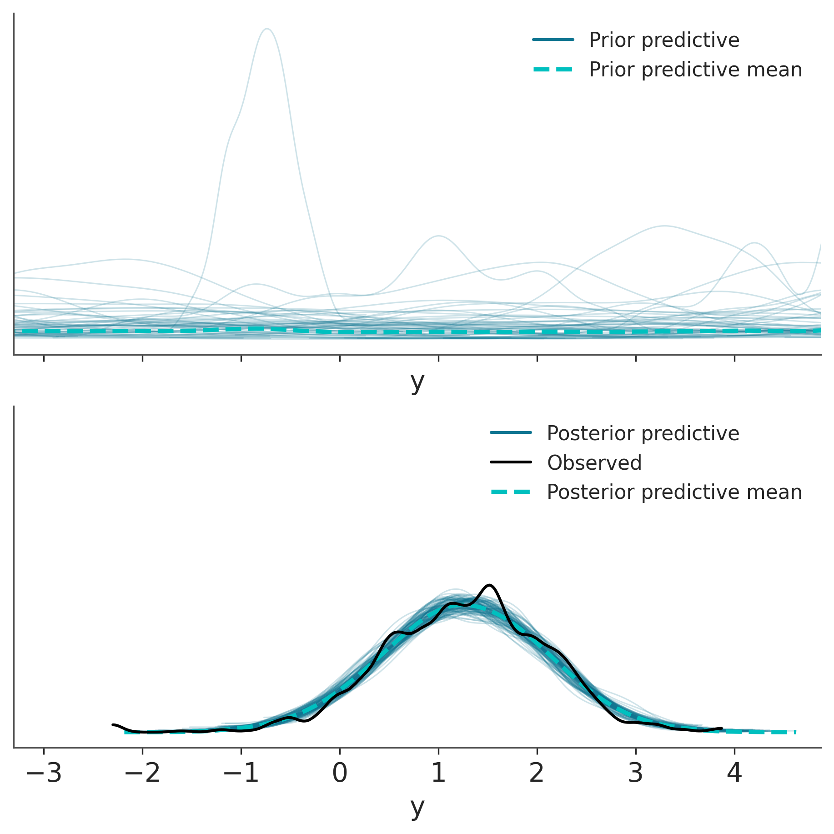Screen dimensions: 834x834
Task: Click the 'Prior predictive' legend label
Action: pyautogui.click(x=664, y=40)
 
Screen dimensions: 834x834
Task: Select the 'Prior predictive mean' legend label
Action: pyautogui.click(x=695, y=70)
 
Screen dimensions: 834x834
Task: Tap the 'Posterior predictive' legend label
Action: pyautogui.click(x=643, y=433)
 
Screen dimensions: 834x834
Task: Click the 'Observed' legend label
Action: pyautogui.click(x=594, y=462)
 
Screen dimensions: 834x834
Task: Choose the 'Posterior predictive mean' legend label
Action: pyautogui.click(x=674, y=492)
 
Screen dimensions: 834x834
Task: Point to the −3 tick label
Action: pyautogui.click(x=44, y=773)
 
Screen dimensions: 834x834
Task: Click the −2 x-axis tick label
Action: pyautogui.click(x=142, y=773)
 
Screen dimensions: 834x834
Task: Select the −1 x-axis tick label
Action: pyautogui.click(x=241, y=773)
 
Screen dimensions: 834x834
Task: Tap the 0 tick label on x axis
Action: pyautogui.click(x=340, y=773)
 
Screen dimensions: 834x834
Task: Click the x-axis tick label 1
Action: pyautogui.click(x=438, y=773)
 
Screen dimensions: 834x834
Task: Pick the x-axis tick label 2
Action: pyautogui.click(x=537, y=773)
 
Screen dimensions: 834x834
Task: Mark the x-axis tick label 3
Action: pyautogui.click(x=636, y=773)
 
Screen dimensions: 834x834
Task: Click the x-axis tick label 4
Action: pyautogui.click(x=734, y=773)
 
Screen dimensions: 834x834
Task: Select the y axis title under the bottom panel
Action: pyautogui.click(x=417, y=808)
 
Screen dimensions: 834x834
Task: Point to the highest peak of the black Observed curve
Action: pyautogui.click(x=489, y=585)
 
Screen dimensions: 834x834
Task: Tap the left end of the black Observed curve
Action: pyautogui.click(x=113, y=724)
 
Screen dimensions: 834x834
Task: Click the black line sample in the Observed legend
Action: pyautogui.click(x=511, y=462)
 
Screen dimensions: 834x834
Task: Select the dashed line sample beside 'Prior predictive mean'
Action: pyautogui.click(x=553, y=70)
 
